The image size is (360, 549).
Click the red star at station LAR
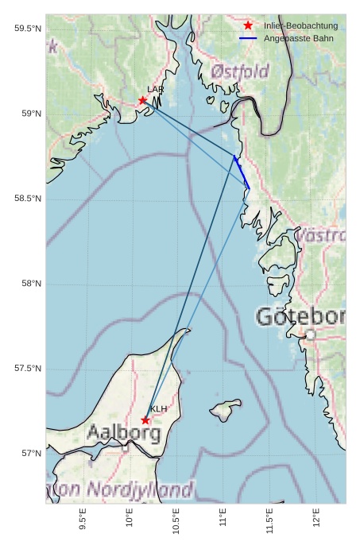[143, 100]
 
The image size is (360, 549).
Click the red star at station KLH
[145, 420]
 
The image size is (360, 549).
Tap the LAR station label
[155, 90]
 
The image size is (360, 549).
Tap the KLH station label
[159, 409]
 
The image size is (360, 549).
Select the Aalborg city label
[124, 434]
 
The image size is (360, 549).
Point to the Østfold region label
[240, 72]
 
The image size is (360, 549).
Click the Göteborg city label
[300, 317]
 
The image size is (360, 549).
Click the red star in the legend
[248, 26]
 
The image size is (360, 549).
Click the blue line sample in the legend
[248, 38]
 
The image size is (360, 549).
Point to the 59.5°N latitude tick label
[28, 29]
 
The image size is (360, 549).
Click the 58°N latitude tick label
[31, 284]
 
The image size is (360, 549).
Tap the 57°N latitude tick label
[31, 453]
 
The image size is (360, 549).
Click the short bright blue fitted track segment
[242, 172]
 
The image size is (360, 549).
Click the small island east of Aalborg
[226, 411]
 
